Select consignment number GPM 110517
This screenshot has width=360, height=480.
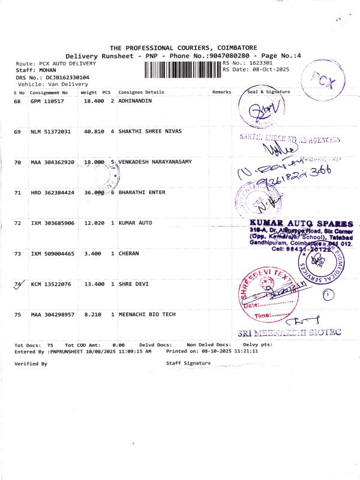(x=47, y=101)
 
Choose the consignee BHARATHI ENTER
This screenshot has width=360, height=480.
(x=142, y=193)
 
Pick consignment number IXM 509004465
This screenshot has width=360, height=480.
(x=52, y=254)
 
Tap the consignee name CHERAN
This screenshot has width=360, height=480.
(x=128, y=254)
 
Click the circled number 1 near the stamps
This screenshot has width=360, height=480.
(x=328, y=294)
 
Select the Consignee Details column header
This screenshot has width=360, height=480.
(x=141, y=92)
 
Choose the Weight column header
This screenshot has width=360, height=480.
(x=89, y=92)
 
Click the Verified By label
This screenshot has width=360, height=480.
(x=31, y=364)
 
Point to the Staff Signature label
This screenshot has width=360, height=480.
(x=188, y=364)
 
